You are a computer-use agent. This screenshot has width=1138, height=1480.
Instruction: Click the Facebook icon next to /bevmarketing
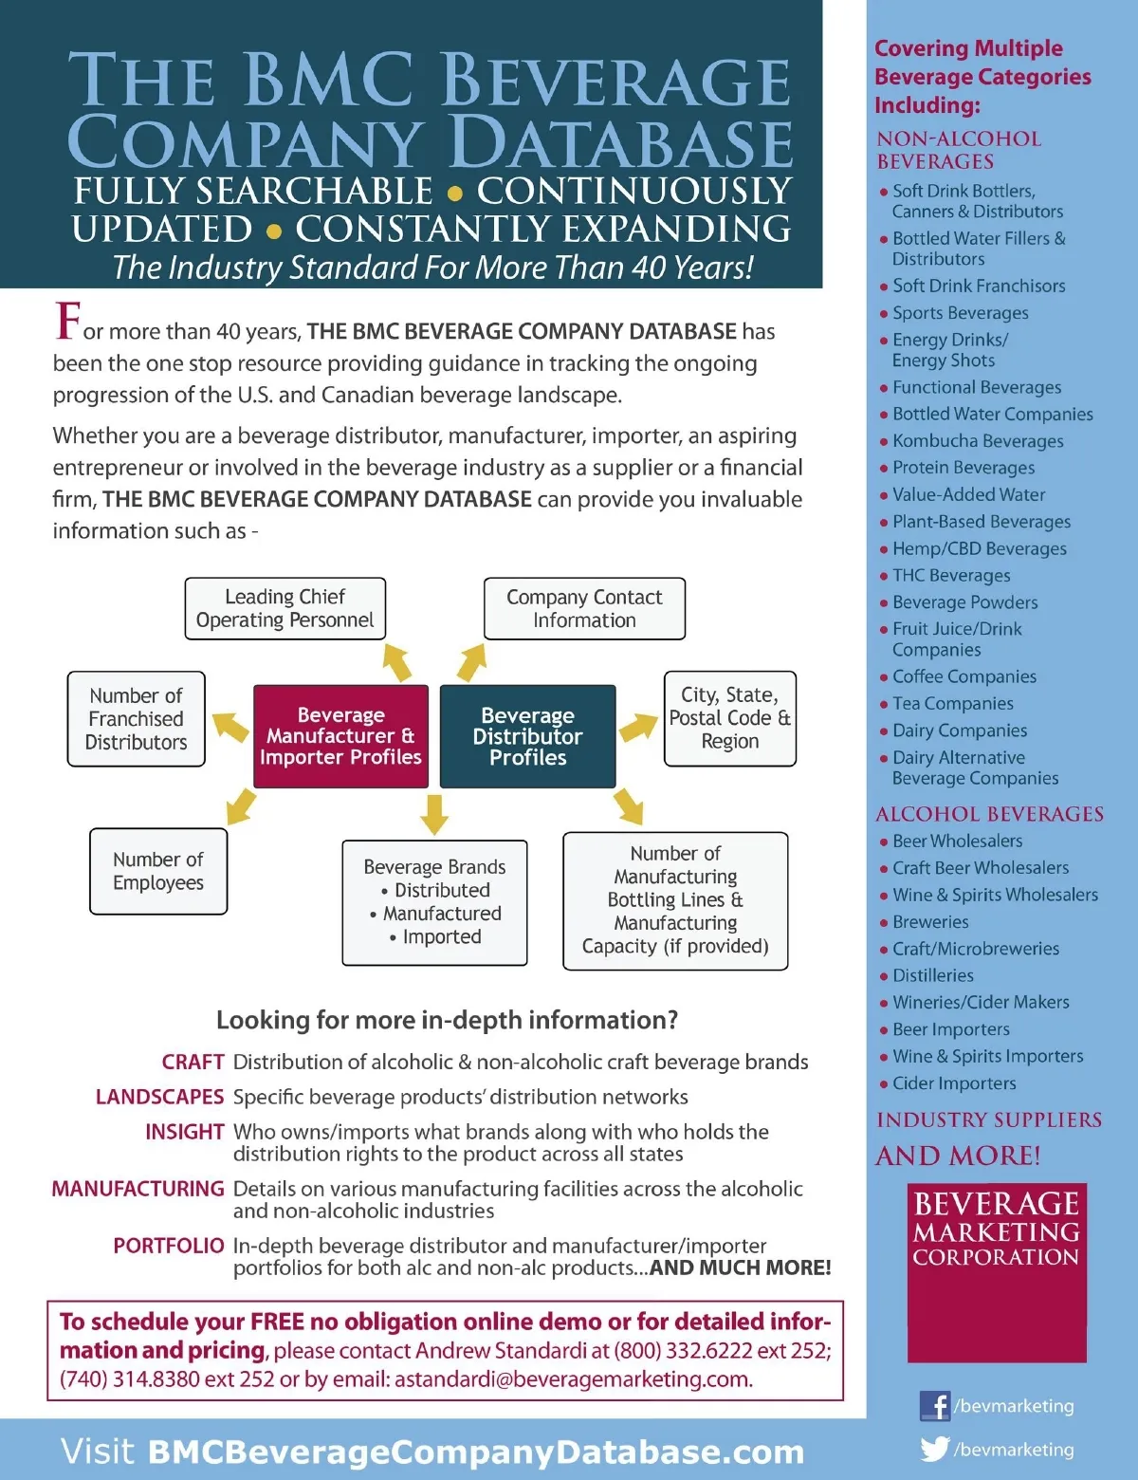934,1405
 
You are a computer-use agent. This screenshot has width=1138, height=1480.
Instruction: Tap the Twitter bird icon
934,1449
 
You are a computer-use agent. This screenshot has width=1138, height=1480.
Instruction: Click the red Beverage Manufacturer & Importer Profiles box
340,736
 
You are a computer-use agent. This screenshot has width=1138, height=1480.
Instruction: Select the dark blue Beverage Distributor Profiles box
528,736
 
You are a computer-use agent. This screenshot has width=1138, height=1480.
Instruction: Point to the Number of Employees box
158,871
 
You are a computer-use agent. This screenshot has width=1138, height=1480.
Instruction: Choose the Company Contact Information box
584,608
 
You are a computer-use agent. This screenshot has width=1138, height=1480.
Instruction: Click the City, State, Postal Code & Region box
729,718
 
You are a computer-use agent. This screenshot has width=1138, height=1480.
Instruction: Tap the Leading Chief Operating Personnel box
284,608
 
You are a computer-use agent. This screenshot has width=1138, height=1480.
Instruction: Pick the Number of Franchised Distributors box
137,719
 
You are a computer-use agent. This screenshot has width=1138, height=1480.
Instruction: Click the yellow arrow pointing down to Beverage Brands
434,814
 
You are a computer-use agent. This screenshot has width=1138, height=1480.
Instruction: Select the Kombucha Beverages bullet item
977,441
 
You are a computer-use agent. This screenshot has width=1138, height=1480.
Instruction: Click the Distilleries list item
932,975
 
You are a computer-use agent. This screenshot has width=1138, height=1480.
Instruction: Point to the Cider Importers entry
953,1083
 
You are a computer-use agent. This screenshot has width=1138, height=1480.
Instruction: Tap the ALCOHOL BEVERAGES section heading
989,814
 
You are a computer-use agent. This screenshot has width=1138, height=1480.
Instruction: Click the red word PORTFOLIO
169,1246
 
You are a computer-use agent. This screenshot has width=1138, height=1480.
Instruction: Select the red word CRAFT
193,1062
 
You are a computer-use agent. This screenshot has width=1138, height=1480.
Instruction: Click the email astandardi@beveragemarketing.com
573,1378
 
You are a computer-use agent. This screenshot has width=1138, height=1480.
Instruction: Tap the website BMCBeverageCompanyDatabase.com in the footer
476,1452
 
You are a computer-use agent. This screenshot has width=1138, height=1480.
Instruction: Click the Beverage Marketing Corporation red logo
997,1271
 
